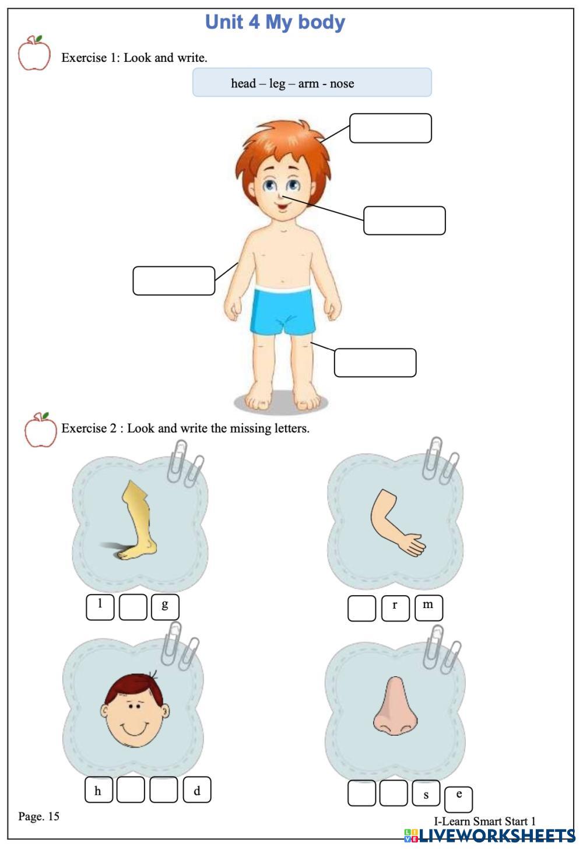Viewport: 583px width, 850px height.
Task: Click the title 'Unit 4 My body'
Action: [275, 23]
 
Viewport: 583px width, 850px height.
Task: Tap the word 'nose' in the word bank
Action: [342, 83]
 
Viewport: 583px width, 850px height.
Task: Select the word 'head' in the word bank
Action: [243, 83]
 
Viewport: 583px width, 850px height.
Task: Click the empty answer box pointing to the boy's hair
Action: [391, 128]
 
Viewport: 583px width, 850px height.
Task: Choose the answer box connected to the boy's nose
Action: [405, 220]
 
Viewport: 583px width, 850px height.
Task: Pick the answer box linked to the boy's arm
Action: [174, 281]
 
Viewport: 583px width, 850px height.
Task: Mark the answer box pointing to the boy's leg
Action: [375, 363]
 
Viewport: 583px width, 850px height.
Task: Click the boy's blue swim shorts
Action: [283, 311]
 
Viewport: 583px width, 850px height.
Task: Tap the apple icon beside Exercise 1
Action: [34, 53]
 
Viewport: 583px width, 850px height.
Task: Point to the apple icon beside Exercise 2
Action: [40, 430]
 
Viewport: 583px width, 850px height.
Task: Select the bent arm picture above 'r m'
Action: [397, 523]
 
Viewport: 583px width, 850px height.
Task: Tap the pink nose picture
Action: [395, 706]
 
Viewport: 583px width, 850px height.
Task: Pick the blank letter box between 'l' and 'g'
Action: [133, 607]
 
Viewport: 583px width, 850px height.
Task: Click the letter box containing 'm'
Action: [429, 608]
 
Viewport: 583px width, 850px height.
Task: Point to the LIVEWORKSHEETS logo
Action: [490, 836]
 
